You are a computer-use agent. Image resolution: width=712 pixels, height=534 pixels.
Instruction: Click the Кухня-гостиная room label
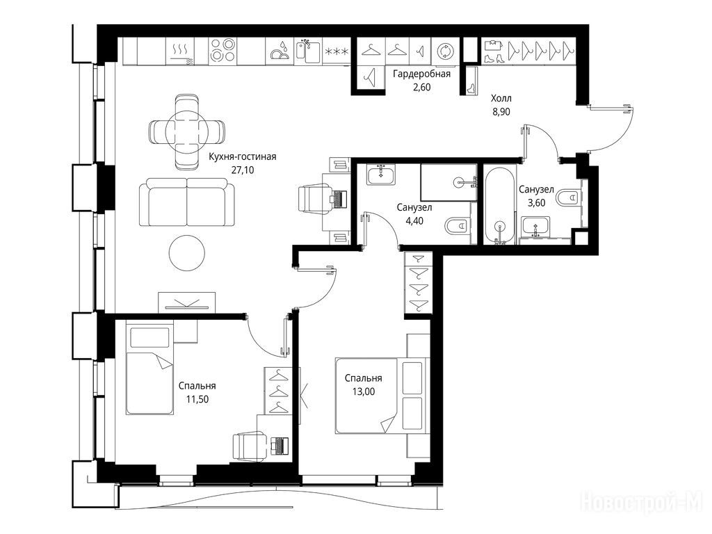(x=243, y=157)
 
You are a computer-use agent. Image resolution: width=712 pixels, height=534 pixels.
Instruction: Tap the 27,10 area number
(x=243, y=170)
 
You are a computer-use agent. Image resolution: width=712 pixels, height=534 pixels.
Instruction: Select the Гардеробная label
(x=422, y=74)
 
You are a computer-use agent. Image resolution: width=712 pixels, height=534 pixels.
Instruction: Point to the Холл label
(x=501, y=98)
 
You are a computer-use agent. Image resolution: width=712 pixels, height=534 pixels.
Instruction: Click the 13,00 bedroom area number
(x=364, y=391)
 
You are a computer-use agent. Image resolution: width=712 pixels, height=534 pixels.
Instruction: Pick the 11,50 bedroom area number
(x=197, y=399)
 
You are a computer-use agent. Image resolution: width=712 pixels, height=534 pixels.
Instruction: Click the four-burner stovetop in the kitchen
(x=223, y=50)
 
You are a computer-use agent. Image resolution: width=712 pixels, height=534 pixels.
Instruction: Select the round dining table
(x=186, y=131)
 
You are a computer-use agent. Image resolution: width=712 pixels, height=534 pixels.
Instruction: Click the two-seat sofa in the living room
(x=187, y=202)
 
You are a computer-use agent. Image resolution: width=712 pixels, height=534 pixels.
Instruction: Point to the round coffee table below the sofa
(x=186, y=253)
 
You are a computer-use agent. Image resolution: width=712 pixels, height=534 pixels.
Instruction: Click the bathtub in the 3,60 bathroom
(x=499, y=206)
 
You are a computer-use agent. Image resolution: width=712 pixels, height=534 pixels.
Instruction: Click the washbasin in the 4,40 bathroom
(x=381, y=175)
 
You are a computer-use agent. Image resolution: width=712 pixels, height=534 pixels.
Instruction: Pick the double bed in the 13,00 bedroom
(x=382, y=396)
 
